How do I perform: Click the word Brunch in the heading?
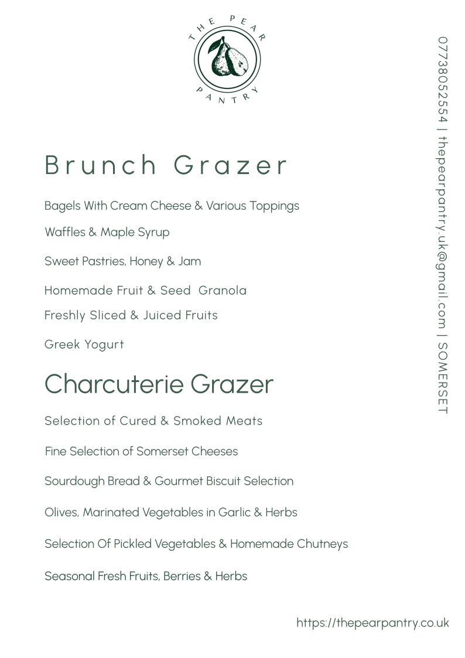(101, 166)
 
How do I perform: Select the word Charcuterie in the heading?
(115, 384)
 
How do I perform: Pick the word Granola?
(223, 291)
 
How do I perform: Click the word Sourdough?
(74, 482)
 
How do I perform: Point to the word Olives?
(61, 513)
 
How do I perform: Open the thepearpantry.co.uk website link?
(372, 623)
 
